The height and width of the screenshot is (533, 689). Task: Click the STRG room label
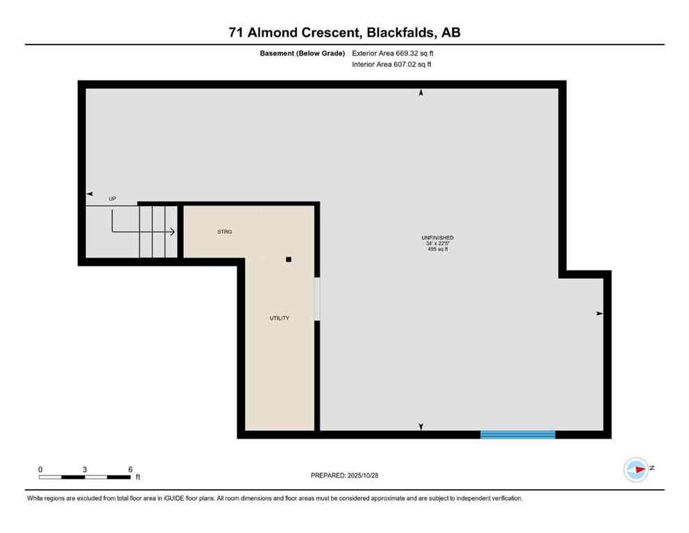tap(224, 232)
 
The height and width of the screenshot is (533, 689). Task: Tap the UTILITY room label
tap(280, 318)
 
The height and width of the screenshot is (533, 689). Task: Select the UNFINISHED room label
tap(439, 238)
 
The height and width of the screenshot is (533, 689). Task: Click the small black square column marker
tap(289, 260)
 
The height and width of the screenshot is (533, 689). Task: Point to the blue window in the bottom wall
tap(518, 434)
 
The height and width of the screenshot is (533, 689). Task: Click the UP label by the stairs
tap(112, 198)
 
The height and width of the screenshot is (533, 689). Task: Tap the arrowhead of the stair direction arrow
tap(171, 232)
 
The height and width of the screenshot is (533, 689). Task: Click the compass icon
tap(636, 470)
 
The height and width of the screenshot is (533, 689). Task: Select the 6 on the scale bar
tap(130, 469)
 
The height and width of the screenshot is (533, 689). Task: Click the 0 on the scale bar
tap(40, 469)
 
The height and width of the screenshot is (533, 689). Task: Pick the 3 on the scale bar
tap(85, 469)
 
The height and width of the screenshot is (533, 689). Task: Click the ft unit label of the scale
tap(137, 477)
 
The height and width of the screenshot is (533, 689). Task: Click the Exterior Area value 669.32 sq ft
tap(414, 53)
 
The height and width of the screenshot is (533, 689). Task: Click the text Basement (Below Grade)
tap(303, 53)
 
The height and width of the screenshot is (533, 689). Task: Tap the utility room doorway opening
tap(317, 299)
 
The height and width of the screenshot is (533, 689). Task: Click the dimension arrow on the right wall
tap(600, 314)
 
